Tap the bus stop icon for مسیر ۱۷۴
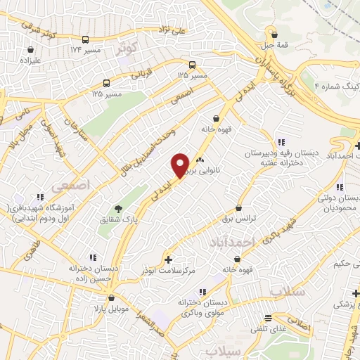85,40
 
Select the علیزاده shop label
31,60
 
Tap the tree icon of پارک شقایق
117,209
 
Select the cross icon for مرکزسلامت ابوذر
167,259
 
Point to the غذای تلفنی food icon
266,318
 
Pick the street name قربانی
143,71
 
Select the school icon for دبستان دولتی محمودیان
340,187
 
